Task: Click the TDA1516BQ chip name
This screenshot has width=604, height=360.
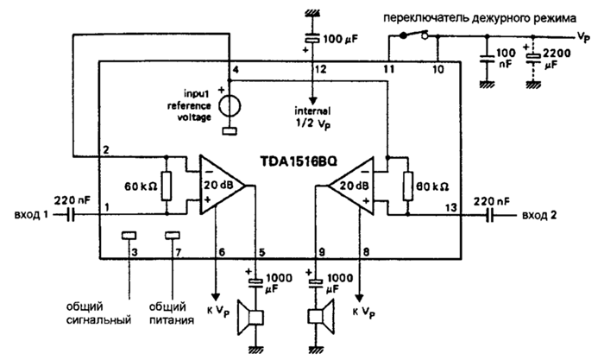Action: tap(299, 161)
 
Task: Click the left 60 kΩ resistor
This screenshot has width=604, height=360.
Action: tap(167, 186)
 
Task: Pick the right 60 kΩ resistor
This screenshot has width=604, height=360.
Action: tap(407, 186)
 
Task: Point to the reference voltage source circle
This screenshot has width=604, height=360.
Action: tap(230, 106)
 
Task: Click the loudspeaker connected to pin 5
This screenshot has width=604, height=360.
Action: tap(250, 318)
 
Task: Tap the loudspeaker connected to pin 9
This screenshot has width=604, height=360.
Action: tap(320, 318)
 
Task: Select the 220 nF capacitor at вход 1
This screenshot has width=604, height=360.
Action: tap(70, 215)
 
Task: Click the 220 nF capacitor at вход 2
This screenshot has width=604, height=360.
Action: tap(490, 215)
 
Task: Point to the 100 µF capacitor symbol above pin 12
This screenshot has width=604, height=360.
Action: tap(312, 40)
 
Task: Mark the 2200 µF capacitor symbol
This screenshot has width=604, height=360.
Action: tap(533, 58)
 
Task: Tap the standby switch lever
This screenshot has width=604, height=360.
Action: tap(413, 35)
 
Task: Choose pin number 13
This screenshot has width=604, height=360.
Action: tap(451, 208)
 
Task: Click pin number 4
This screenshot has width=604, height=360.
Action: tap(236, 69)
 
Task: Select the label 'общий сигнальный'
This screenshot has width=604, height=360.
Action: tap(98, 313)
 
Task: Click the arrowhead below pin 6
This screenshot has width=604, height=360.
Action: tap(216, 297)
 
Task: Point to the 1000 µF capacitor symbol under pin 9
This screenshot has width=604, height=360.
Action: tap(316, 283)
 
